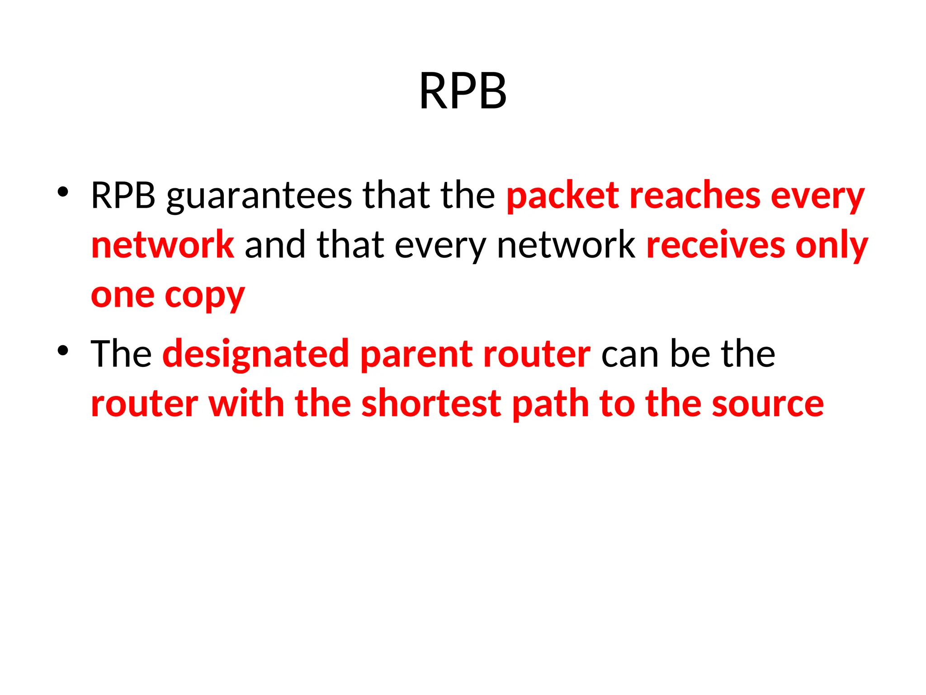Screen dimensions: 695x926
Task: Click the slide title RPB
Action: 463,91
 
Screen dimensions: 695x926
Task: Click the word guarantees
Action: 259,196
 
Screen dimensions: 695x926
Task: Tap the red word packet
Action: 562,196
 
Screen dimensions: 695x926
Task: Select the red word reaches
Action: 695,195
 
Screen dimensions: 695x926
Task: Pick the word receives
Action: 715,245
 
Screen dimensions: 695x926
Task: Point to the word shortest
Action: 431,404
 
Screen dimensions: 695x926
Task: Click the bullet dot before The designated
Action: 63,350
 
